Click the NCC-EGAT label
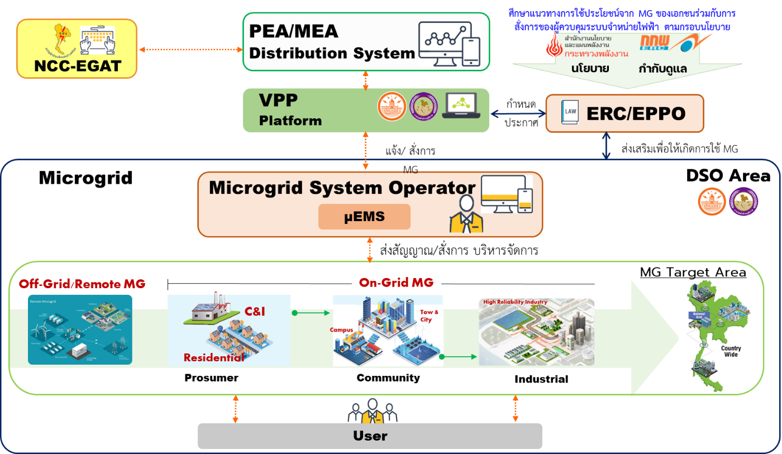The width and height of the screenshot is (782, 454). [x=77, y=66]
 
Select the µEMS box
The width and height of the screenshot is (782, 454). [x=364, y=217]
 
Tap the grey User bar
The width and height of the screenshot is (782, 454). [x=370, y=436]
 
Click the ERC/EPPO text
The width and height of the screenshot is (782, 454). [x=636, y=114]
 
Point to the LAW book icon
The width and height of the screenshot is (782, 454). [x=570, y=113]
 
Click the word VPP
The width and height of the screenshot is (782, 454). [x=278, y=101]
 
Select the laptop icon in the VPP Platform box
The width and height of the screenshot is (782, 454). [x=461, y=106]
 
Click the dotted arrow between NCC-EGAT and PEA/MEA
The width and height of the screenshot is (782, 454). [x=190, y=50]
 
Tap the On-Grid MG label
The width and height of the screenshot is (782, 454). [x=396, y=283]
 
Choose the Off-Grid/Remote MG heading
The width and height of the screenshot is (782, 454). [x=82, y=284]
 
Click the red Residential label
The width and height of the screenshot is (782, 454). [x=214, y=357]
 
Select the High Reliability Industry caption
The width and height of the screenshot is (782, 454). [x=515, y=302]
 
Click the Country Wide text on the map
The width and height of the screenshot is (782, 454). [x=731, y=352]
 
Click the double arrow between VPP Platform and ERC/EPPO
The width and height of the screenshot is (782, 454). [x=517, y=113]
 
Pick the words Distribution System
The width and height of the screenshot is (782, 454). [x=332, y=54]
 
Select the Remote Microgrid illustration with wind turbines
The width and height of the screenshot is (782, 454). [x=80, y=329]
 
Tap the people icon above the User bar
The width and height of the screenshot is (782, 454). [x=372, y=412]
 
